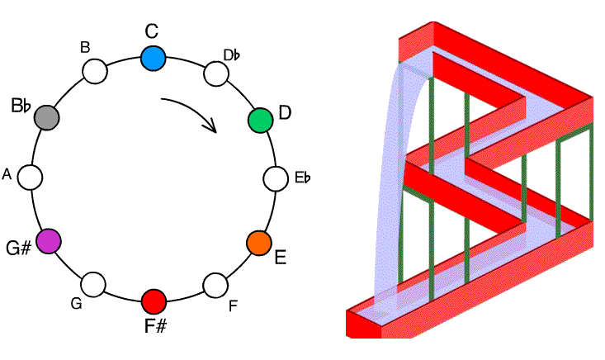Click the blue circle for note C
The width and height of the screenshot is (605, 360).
click(x=153, y=58)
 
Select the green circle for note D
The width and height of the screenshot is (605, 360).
click(x=260, y=120)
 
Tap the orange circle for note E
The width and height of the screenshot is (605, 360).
click(x=259, y=243)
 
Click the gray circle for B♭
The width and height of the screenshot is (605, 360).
click(x=47, y=117)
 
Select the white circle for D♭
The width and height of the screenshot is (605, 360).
click(x=215, y=74)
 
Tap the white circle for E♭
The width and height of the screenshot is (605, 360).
click(x=276, y=178)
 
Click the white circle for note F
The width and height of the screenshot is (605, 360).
click(x=215, y=285)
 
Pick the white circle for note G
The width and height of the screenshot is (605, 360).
click(x=94, y=285)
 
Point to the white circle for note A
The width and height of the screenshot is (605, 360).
click(x=31, y=177)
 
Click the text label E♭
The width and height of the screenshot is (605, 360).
click(x=302, y=178)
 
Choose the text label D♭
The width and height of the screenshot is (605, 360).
click(x=232, y=55)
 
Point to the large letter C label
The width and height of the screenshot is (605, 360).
click(x=151, y=31)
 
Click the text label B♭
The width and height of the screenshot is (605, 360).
click(x=21, y=106)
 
